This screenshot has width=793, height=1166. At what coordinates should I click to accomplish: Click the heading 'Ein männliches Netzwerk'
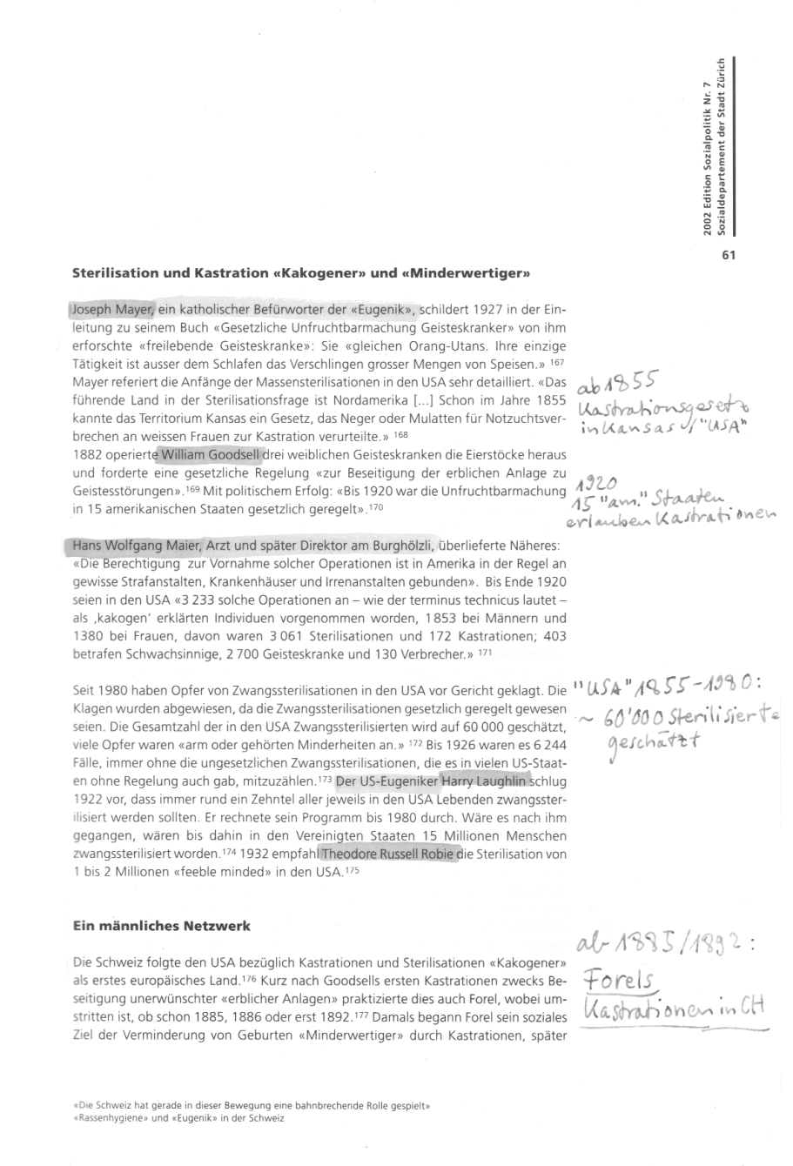click(x=161, y=926)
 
